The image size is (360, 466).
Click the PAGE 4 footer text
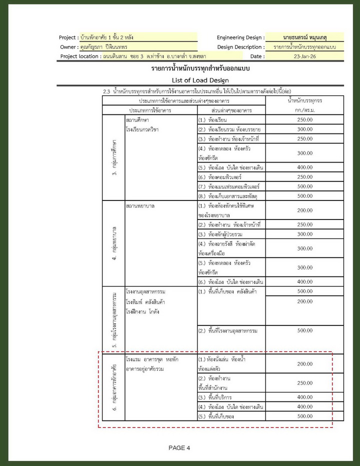click(x=179, y=447)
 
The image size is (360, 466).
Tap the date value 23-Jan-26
click(x=304, y=56)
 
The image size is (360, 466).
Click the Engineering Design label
click(x=239, y=37)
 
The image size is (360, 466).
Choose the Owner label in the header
click(x=68, y=47)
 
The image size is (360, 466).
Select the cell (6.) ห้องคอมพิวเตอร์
click(x=227, y=177)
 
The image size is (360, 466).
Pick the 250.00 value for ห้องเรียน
click(x=304, y=120)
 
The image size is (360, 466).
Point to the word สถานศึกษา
click(x=139, y=120)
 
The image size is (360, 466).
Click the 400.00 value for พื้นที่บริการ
click(x=304, y=396)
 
